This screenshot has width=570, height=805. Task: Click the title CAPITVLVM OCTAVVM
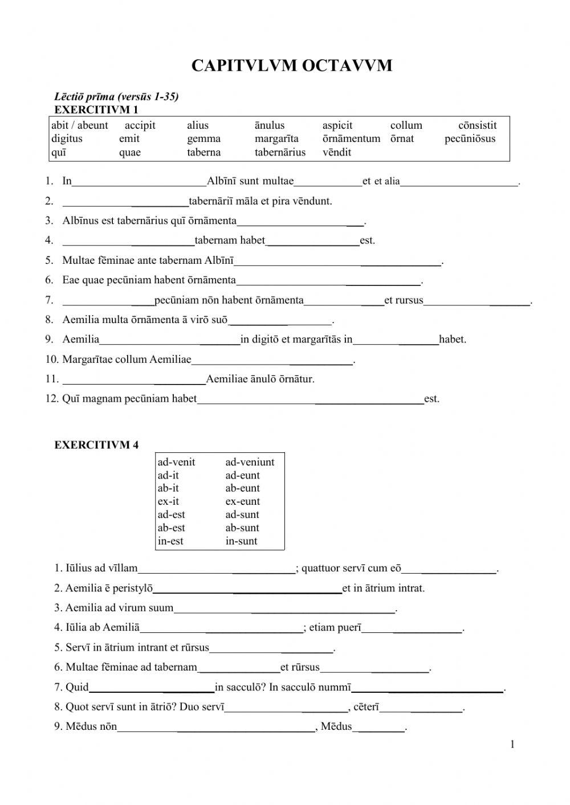click(291, 66)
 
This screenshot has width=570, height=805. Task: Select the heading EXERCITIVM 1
click(96, 109)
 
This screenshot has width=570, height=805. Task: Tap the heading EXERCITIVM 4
click(96, 445)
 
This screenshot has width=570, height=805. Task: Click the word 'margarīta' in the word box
click(276, 139)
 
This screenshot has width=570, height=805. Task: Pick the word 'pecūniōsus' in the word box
click(470, 139)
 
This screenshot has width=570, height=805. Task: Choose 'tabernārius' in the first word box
click(280, 153)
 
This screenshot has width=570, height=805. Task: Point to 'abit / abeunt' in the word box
click(79, 125)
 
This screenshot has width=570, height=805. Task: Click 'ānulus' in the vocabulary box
click(269, 125)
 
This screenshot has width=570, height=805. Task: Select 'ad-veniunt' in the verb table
click(250, 462)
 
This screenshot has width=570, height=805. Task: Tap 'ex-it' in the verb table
click(168, 501)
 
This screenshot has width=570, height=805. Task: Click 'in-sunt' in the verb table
click(241, 541)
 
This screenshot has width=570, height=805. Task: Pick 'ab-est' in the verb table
click(171, 528)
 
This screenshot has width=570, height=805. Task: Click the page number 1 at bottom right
click(512, 744)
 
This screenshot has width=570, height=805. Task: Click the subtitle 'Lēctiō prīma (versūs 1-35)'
click(116, 96)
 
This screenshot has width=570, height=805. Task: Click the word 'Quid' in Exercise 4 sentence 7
click(77, 687)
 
